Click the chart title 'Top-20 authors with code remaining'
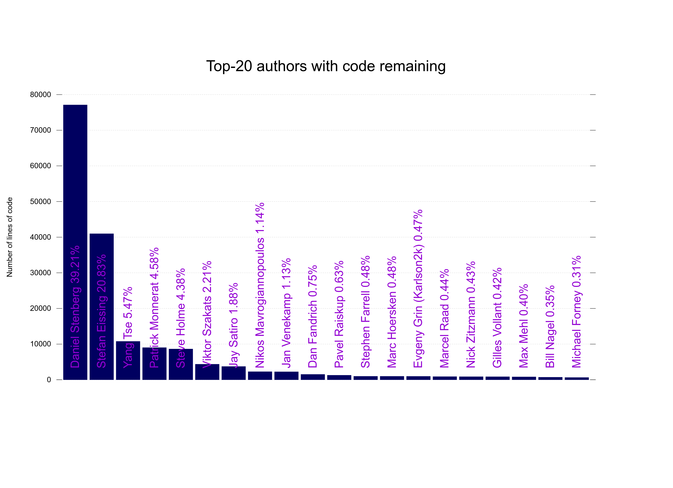[x=326, y=66]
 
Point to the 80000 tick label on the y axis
[x=40, y=94]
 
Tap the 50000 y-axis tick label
[x=40, y=201]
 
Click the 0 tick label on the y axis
[x=49, y=380]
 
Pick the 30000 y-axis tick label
[x=40, y=273]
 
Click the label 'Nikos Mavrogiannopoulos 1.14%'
[x=260, y=285]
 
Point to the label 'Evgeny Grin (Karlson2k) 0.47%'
[x=418, y=289]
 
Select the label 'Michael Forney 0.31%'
[x=576, y=312]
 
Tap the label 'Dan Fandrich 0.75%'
[x=312, y=316]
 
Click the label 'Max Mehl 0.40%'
[x=523, y=326]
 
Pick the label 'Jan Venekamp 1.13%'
[x=286, y=313]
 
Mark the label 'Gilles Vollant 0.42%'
[x=497, y=318]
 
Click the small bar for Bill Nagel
[x=550, y=378]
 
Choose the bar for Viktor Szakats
[x=207, y=372]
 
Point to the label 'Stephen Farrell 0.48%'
[x=365, y=312]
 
